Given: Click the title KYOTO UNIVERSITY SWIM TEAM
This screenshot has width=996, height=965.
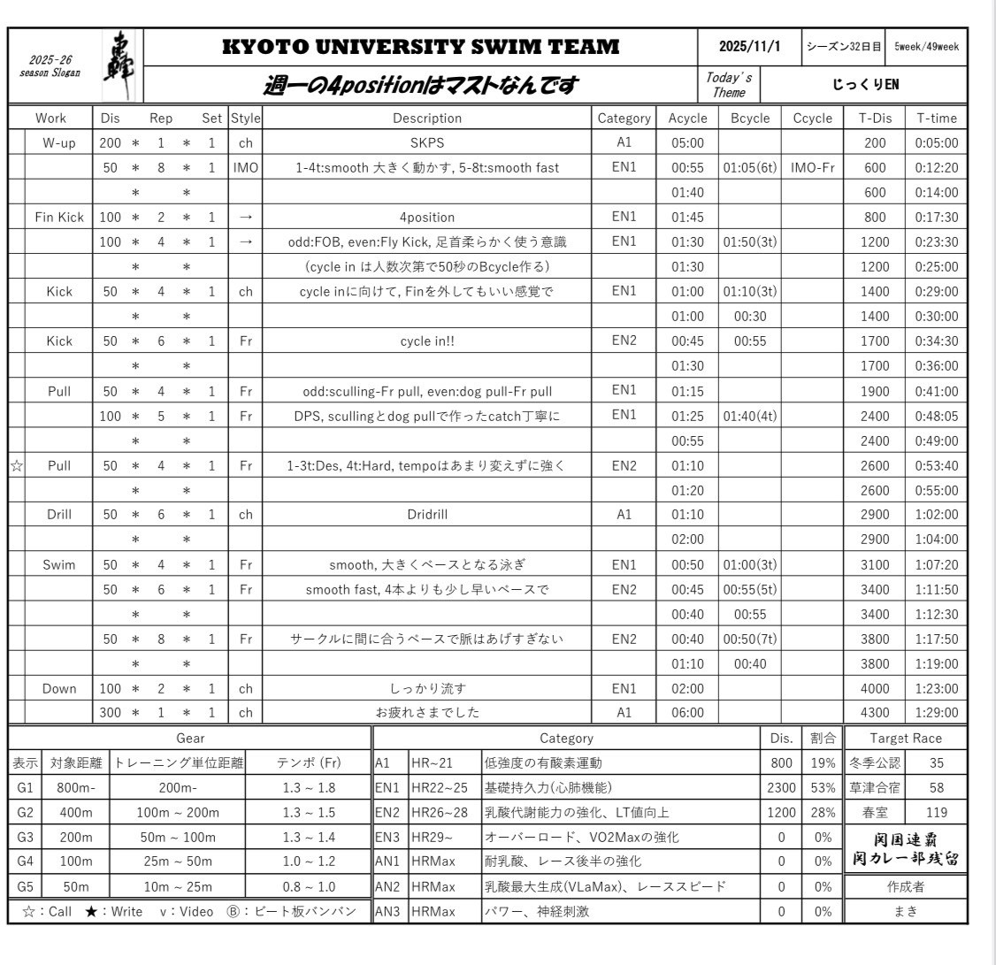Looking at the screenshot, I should [x=420, y=47].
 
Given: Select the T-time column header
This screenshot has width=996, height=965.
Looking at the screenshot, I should [x=937, y=118].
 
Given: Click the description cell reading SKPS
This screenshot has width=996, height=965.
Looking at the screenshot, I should [x=426, y=142].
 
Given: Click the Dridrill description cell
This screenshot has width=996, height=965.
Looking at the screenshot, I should [x=426, y=514].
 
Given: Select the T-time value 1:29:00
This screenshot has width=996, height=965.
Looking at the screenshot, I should [x=937, y=712].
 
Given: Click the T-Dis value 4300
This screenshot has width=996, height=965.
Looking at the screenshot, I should [x=873, y=712].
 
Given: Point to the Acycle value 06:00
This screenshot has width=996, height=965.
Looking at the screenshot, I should [x=686, y=712].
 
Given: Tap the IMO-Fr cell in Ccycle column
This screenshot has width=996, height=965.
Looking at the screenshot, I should [x=809, y=167].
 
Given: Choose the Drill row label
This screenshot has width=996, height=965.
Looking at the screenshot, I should [x=58, y=514].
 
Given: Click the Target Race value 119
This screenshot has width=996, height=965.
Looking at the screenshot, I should [x=937, y=810].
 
